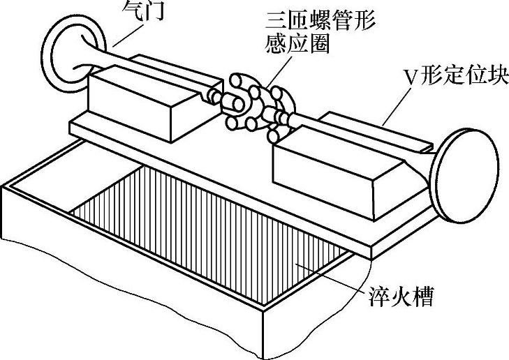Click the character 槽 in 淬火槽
coord(420,299)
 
